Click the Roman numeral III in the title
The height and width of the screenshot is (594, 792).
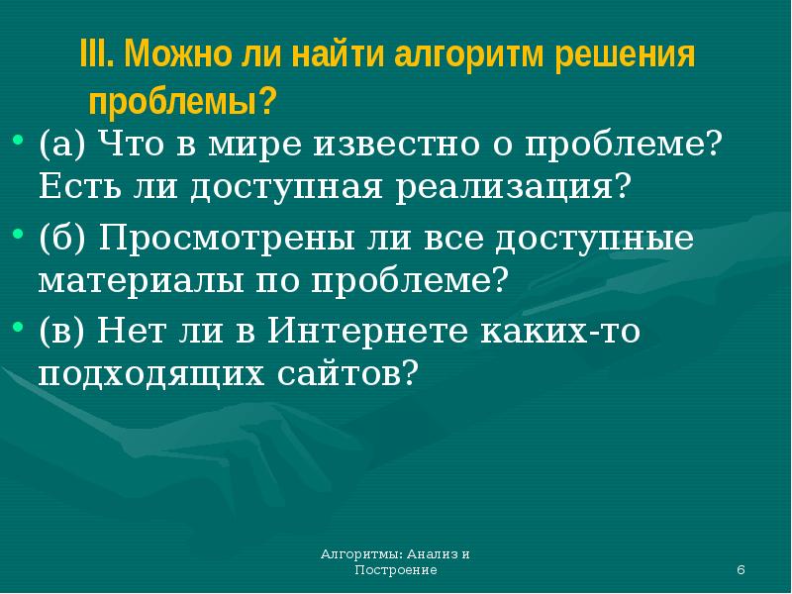(94, 55)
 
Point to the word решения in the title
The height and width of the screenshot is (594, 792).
(624, 55)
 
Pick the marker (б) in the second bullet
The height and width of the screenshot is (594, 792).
(66, 240)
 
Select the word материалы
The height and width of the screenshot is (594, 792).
(133, 281)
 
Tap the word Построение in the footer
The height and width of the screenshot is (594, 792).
(395, 572)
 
